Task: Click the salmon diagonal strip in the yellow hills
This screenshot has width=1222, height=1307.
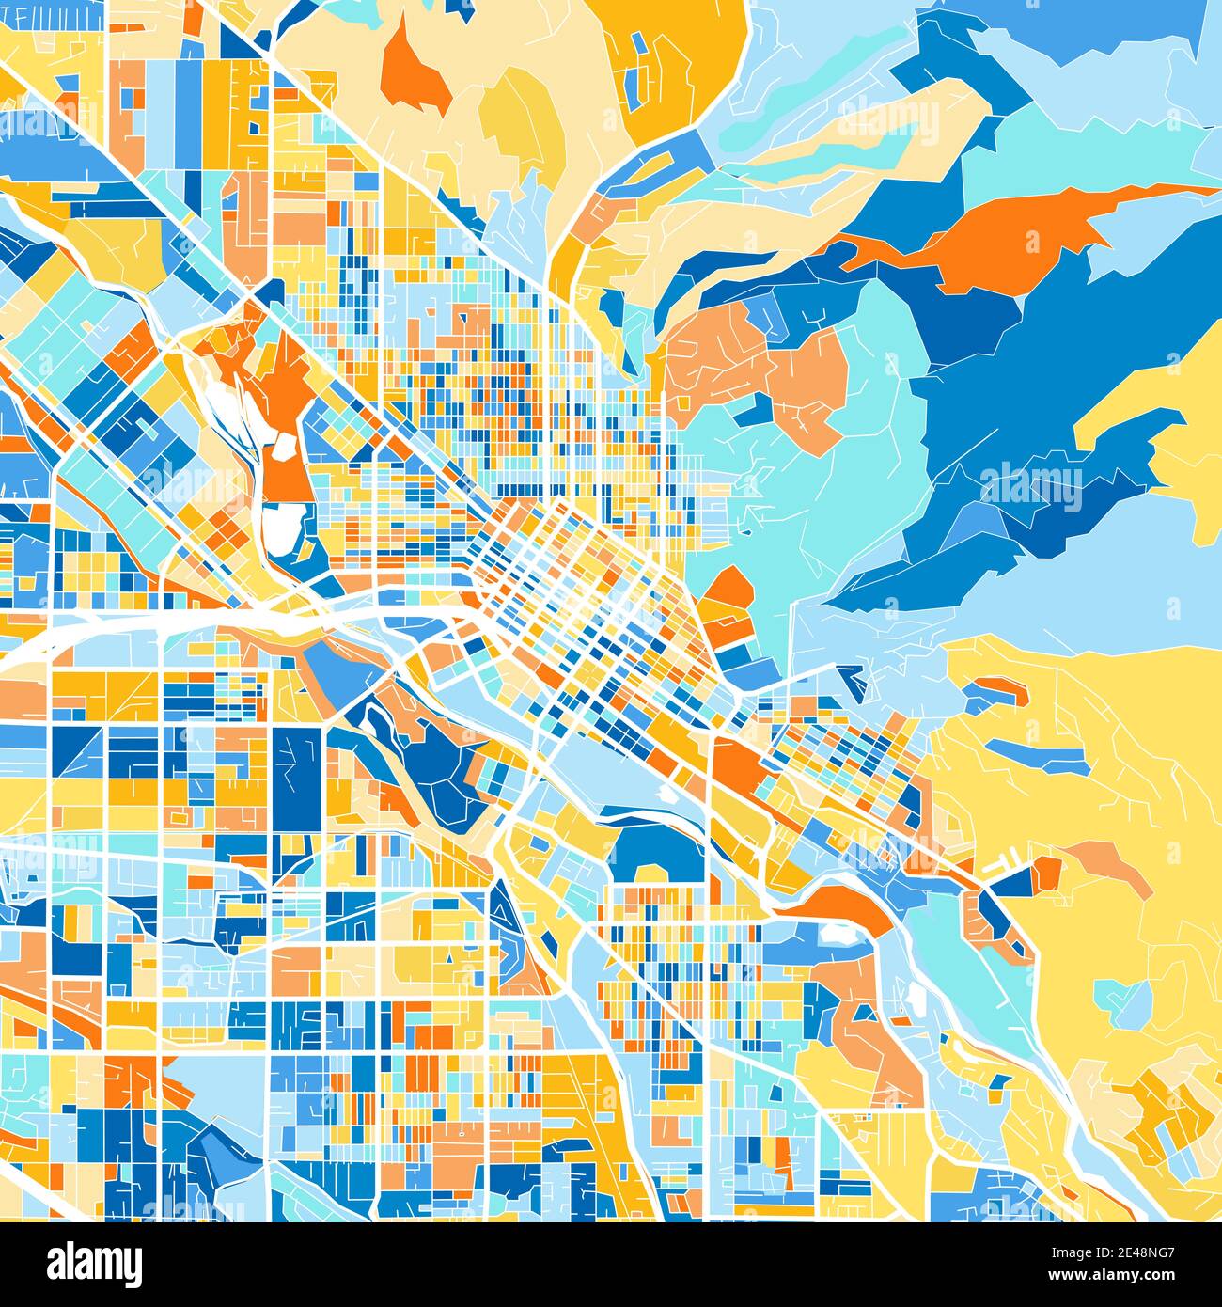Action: click(1109, 865)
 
